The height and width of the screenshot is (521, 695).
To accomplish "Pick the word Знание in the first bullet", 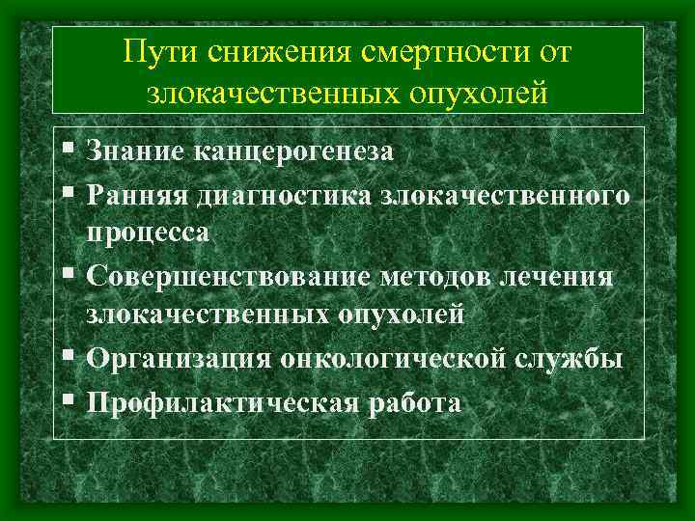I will click(135, 151).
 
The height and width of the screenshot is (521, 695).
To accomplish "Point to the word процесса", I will click(154, 232).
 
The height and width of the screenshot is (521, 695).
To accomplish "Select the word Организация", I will click(178, 357).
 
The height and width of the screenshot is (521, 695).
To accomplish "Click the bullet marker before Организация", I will click(66, 356).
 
